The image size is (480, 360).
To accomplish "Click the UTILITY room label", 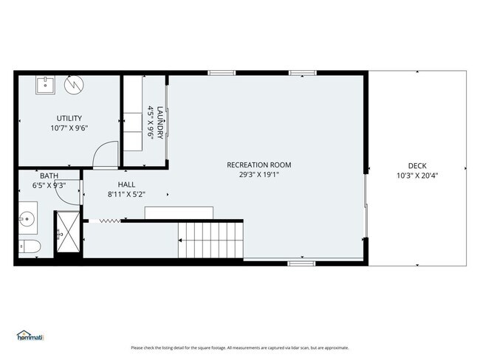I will (x=69, y=118).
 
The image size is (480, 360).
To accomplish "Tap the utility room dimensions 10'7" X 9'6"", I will (x=69, y=128).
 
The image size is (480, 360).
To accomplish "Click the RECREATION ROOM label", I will (x=258, y=165).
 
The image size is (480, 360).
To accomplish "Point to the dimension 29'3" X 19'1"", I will (x=258, y=175).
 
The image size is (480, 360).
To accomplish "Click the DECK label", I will (x=417, y=165).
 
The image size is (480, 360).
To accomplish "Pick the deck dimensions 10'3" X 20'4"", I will (x=417, y=176).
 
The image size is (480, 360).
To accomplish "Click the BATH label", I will (x=49, y=176).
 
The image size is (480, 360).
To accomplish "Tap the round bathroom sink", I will (x=28, y=219).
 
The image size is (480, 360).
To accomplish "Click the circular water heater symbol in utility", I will (x=73, y=86).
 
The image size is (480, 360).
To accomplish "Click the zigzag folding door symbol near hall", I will (x=109, y=220).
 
